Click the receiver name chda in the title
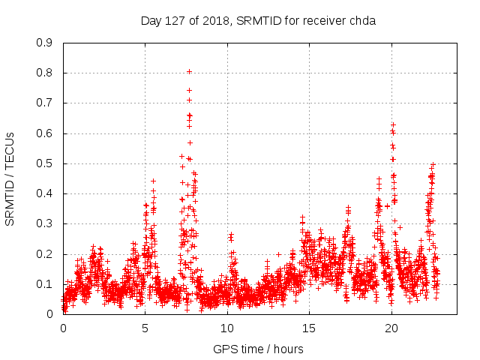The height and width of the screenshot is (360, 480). [361, 20]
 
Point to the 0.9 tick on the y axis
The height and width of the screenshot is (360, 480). [45, 43]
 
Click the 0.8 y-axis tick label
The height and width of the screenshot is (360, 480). [45, 73]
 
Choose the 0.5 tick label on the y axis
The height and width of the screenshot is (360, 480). [45, 163]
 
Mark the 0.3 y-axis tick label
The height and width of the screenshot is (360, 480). [45, 223]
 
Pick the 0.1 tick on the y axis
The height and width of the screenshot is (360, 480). [45, 284]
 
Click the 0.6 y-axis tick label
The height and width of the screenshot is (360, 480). [45, 133]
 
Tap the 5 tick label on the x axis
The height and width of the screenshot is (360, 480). [145, 328]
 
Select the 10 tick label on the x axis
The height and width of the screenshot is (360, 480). [227, 328]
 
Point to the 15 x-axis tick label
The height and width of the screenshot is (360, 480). [309, 328]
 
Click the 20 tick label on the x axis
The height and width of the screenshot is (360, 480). [391, 328]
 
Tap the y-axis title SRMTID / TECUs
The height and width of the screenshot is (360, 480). [10, 178]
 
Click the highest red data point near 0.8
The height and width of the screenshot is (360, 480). [190, 72]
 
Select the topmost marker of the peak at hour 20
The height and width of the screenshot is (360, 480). [393, 124]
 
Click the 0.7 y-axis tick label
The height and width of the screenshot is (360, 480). [45, 103]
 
